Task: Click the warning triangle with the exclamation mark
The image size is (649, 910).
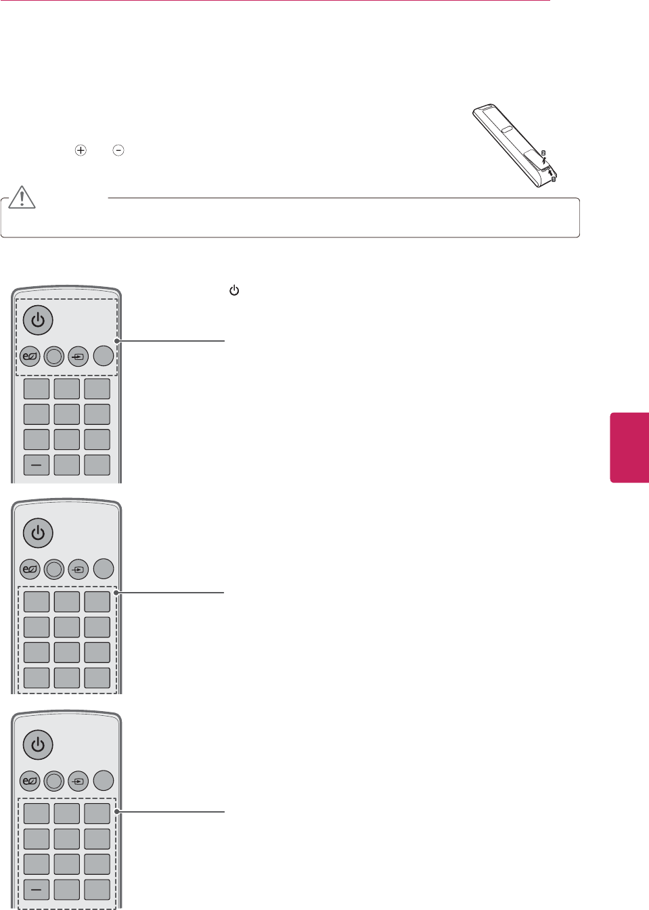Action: click(22, 197)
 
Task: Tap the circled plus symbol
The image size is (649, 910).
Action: click(81, 150)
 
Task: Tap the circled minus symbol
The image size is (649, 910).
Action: click(118, 150)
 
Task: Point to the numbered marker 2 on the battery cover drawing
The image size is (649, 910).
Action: click(543, 153)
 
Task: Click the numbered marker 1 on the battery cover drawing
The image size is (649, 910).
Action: click(553, 179)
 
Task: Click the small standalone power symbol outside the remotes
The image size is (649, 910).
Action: click(234, 291)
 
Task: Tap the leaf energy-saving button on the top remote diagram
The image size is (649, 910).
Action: click(30, 356)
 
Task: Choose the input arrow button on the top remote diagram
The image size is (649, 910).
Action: click(79, 356)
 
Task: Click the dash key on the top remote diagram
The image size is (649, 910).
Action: click(37, 465)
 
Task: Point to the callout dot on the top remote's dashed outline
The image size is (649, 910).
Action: click(117, 341)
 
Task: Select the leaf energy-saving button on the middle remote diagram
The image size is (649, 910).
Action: click(30, 569)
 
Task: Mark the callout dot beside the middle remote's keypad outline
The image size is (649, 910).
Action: click(117, 593)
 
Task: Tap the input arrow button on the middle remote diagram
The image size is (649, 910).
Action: click(79, 569)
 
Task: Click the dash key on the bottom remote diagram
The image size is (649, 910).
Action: click(37, 889)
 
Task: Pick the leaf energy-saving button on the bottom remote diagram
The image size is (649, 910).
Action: click(30, 781)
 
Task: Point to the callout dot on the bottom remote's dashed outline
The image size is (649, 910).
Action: click(117, 811)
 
